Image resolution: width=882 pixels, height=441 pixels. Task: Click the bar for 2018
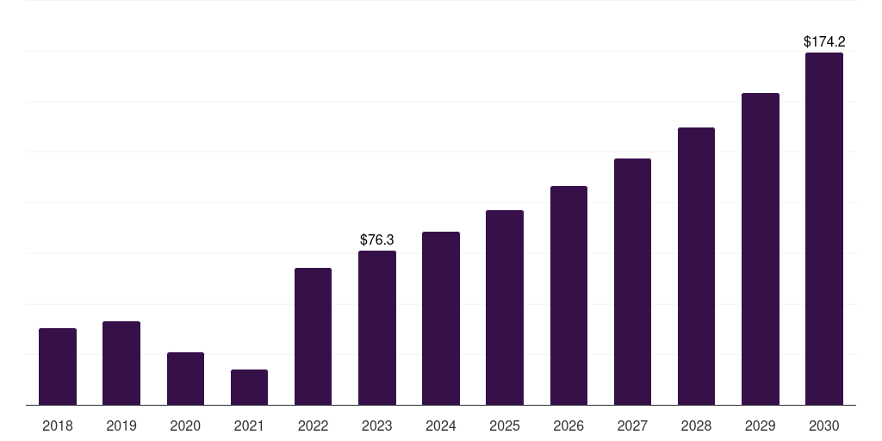pos(58,366)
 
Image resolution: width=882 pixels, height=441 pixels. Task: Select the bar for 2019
pos(121,363)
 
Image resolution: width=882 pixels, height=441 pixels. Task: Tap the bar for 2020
pos(186,379)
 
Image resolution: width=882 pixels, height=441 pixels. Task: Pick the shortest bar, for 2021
pos(249,387)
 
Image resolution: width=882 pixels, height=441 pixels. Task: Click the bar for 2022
pos(313,337)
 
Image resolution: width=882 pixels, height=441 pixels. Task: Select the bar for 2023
pos(377,328)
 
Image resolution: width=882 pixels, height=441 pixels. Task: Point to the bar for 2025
pos(505,307)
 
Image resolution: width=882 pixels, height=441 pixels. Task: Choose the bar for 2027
pos(632,282)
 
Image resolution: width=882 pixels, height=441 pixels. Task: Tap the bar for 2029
pos(761,249)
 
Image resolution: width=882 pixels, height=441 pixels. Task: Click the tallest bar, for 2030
pos(824,229)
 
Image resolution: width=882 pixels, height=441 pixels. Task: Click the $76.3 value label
pos(377,239)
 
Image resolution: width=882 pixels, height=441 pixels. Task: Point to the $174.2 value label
pos(824,41)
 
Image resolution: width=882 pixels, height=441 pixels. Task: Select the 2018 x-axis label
pos(58,425)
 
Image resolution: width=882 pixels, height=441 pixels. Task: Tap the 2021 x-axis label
pos(249,425)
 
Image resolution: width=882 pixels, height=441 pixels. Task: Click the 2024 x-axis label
pos(441,425)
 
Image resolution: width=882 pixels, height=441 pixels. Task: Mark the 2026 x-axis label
pos(568,425)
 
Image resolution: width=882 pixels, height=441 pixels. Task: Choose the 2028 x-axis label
pos(696,425)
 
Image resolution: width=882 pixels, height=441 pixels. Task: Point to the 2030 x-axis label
pos(824,425)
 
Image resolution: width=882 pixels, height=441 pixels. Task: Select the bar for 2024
pos(441,319)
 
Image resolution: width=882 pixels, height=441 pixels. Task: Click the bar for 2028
pos(696,266)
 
